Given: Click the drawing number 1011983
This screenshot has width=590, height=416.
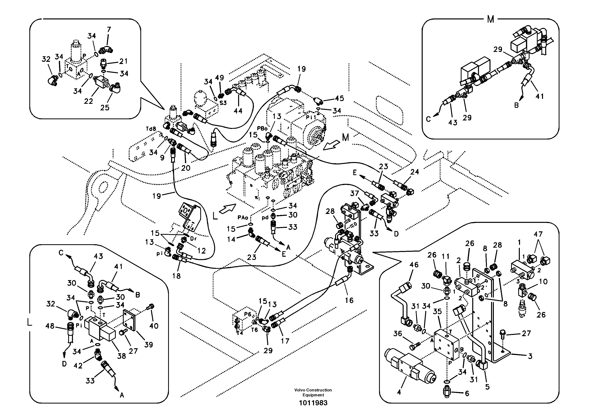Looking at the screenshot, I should pos(313,403).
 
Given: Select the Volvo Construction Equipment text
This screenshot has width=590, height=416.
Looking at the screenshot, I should pos(313,392).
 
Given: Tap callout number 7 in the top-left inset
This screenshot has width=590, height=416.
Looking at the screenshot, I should pos(109,30).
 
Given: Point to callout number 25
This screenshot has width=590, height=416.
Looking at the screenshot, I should pos(105,108).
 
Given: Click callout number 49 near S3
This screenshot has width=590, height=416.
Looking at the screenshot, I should pos(219,77).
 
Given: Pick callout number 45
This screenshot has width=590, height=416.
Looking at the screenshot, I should pos(339,98).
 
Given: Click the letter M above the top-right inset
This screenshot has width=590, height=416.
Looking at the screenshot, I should pos(490,19).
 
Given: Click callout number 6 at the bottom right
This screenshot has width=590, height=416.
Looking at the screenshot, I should pos(467,393).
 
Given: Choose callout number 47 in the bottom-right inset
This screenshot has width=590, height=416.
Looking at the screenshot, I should pos(538,234).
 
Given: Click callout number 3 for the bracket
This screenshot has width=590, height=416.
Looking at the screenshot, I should pos(530,356).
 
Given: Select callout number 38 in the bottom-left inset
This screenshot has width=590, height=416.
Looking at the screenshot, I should pos(122,356).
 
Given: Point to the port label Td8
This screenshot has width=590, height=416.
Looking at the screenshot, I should pos(151,129).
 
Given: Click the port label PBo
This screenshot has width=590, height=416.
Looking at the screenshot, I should pos(262,129).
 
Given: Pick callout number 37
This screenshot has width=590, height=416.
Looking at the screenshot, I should pos(355,193).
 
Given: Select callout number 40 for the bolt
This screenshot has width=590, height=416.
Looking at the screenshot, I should pos(154,326).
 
